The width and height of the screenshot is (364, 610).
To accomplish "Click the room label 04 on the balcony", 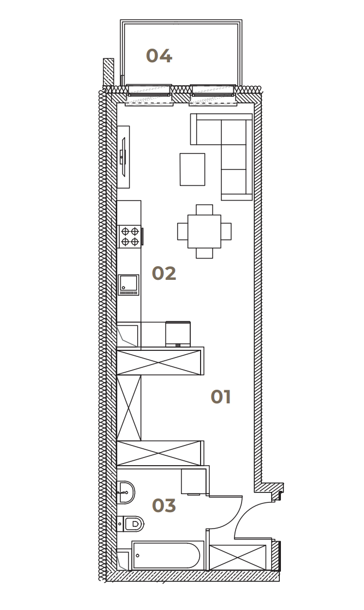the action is pos(159,56).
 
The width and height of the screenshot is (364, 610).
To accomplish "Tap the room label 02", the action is pos(164,273).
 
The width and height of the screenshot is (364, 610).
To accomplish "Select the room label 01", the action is pos(220,397).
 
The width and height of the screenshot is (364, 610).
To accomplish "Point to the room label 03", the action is pos(164,506).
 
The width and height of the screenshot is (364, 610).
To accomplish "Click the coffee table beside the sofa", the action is pos(192,169).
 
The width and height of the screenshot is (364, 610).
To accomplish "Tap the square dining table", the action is pos(204,231).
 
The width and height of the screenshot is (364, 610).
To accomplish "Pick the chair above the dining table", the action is pos(204,210).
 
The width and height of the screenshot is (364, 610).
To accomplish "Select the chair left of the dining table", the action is pos(183,231).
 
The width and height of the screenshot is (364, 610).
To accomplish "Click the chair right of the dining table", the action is pos(226,231).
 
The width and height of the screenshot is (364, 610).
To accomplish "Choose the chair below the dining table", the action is pos(204,253).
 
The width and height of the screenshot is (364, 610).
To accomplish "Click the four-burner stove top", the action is pos(130,237).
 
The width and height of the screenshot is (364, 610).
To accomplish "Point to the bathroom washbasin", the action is pos(126,492).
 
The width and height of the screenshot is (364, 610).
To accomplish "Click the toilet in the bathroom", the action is pos(131,524).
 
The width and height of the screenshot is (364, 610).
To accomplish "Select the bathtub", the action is pos(168,555).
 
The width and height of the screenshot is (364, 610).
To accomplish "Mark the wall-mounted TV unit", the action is pos(124,157).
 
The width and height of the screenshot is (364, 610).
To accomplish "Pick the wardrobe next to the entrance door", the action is pos(238,557).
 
